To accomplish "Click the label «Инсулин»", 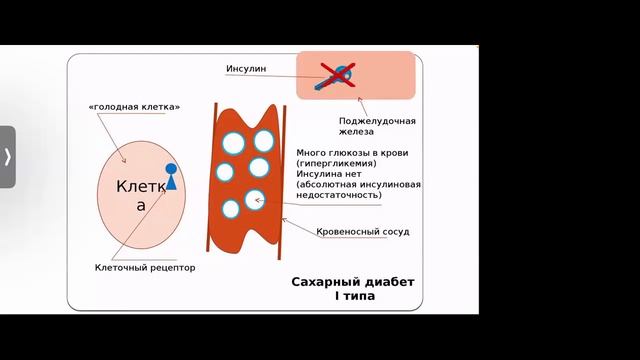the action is pyautogui.click(x=245, y=69).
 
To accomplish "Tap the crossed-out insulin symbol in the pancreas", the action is pyautogui.click(x=339, y=75).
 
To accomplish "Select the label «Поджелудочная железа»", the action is pyautogui.click(x=376, y=126).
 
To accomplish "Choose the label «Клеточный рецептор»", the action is pyautogui.click(x=145, y=268).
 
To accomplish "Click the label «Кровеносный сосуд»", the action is pyautogui.click(x=362, y=231).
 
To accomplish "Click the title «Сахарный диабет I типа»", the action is pyautogui.click(x=351, y=289).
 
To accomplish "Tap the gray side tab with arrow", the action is pyautogui.click(x=8, y=157).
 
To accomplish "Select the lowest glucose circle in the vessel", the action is pyautogui.click(x=231, y=209).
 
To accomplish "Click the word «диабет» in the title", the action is pyautogui.click(x=388, y=282).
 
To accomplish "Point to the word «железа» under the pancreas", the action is pyautogui.click(x=355, y=132).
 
